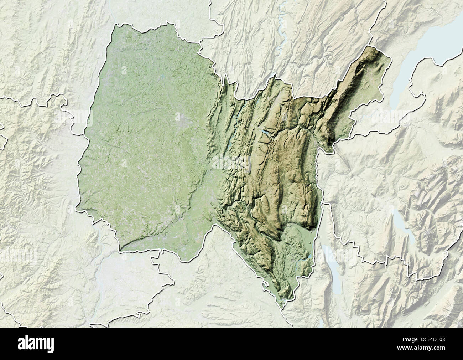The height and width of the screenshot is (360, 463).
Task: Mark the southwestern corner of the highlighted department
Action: point(121,248)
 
